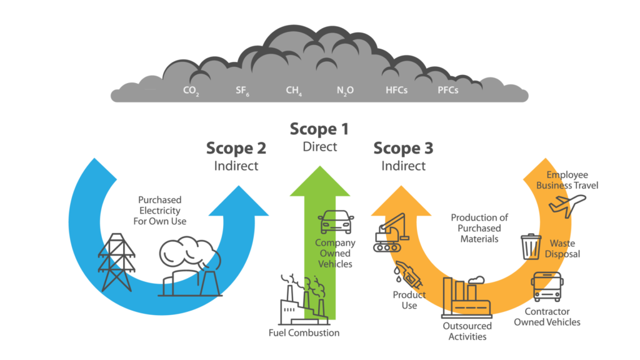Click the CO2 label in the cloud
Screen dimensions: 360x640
191,91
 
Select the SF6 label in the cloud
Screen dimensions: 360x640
242,91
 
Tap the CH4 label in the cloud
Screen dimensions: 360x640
294,91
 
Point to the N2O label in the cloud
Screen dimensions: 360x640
345,91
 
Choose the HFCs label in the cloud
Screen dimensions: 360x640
396,91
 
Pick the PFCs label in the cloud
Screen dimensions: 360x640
448,91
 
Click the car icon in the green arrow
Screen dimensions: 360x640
329,221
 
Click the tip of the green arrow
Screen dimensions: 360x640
319,167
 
